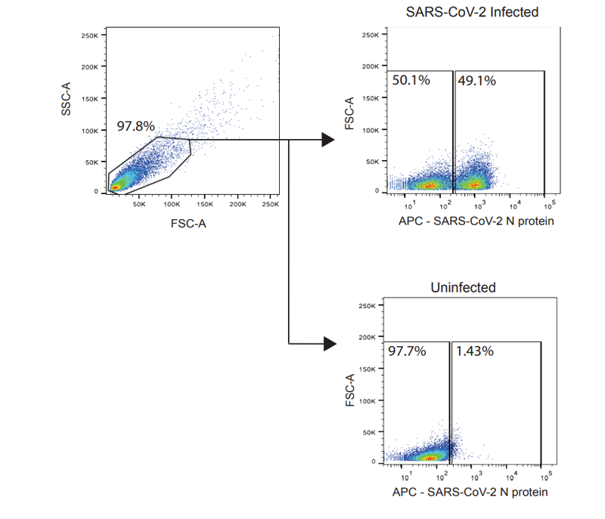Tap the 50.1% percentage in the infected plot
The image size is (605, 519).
(x=411, y=80)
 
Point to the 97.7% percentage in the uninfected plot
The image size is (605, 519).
(x=408, y=351)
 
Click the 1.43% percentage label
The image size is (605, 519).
(x=474, y=351)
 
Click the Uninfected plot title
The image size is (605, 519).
(x=464, y=289)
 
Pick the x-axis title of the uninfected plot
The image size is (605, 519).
(x=469, y=492)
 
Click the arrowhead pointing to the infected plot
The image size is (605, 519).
(x=327, y=139)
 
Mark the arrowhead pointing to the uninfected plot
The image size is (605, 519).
(x=328, y=344)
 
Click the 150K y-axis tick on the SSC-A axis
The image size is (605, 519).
(x=91, y=98)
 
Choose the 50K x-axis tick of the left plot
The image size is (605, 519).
(x=139, y=205)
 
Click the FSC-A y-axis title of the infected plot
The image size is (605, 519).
(x=349, y=113)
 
